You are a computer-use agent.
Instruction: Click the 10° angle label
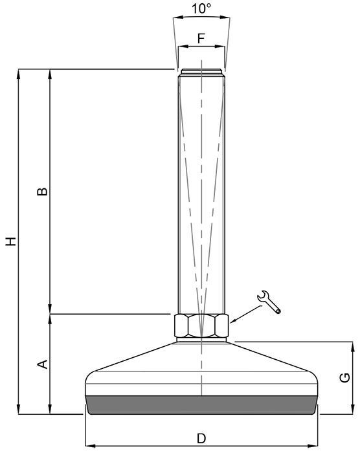coord(201,8)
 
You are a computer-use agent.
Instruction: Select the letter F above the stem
coord(201,38)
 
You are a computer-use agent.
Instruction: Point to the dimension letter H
coord(11,241)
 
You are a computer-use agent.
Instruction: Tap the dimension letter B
coord(42,192)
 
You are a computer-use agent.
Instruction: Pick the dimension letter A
coord(43,364)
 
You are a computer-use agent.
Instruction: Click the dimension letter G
coord(344,377)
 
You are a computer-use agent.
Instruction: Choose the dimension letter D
coord(201,439)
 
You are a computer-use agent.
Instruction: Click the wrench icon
coord(269,302)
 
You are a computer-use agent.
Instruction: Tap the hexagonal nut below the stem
coord(201,326)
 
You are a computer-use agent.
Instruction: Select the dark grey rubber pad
coord(201,405)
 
